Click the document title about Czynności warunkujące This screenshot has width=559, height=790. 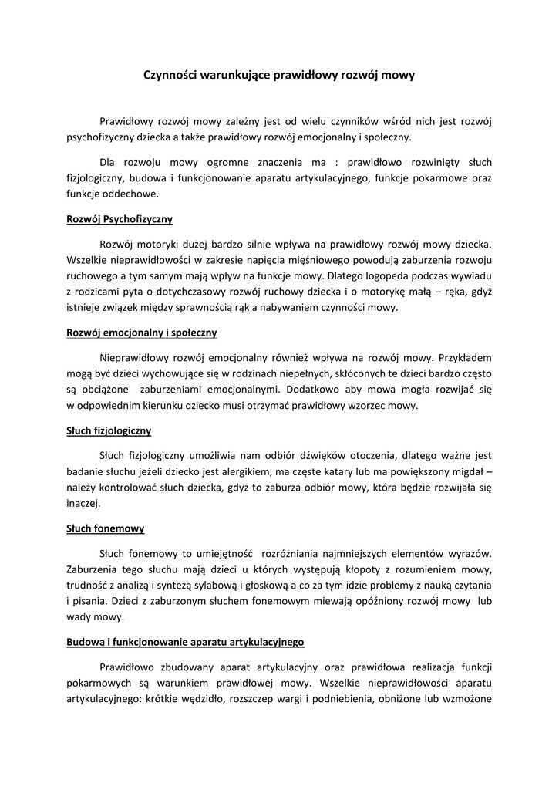click(279, 75)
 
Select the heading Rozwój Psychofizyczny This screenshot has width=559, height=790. click(119, 218)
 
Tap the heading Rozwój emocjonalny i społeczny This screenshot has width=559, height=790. click(141, 333)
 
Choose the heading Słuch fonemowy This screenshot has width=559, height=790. click(105, 529)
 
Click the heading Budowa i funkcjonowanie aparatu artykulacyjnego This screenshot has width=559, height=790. click(185, 641)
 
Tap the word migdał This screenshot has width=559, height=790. click(463, 471)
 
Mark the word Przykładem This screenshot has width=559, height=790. click(465, 357)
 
